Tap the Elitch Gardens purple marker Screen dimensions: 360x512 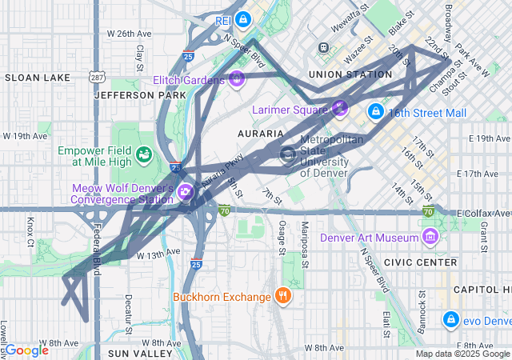point(236,79)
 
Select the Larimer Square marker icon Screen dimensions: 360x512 point(339,107)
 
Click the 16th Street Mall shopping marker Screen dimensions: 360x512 point(376,112)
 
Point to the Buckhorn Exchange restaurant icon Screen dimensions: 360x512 point(282,297)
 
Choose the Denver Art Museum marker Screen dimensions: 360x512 point(430,237)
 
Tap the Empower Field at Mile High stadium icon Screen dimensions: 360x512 point(145,154)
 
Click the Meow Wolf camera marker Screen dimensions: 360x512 point(186,191)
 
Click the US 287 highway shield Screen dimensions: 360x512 point(97,77)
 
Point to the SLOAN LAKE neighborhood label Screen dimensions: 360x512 point(31,78)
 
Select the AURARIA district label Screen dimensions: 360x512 point(261,133)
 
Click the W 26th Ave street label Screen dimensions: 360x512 point(129,34)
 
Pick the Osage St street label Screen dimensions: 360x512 point(282,238)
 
